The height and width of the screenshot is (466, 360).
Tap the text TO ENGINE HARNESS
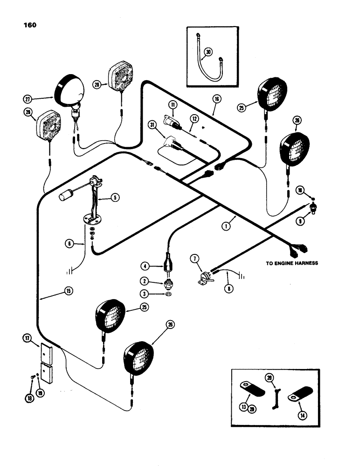[292, 263]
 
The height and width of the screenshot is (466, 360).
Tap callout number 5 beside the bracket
[116, 197]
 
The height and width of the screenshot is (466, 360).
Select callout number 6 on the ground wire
[69, 243]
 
